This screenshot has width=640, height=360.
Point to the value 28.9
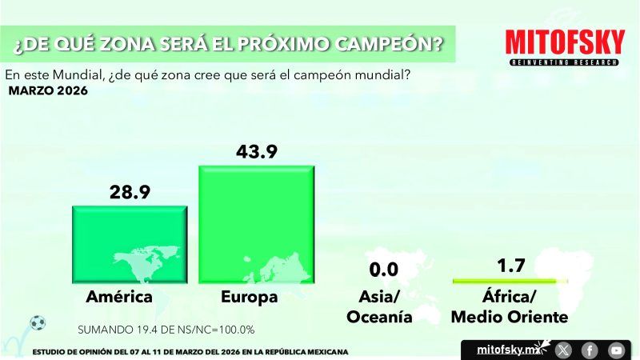pos(129,192)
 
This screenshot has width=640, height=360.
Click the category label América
pos(119,298)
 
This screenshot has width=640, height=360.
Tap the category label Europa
pos(250,298)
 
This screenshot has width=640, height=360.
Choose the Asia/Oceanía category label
pos(379,307)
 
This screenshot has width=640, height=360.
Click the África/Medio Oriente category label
pos(510,307)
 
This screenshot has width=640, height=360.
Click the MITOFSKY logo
pos(566,42)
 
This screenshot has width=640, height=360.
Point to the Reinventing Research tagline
pos(566,62)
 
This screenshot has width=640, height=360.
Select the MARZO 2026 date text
pos(48,90)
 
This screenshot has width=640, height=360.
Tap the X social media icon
pos(563,350)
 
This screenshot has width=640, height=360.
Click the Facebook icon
pos(590,350)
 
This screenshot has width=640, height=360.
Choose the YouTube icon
pos(616,350)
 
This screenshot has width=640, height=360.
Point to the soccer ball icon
pos(37,323)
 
